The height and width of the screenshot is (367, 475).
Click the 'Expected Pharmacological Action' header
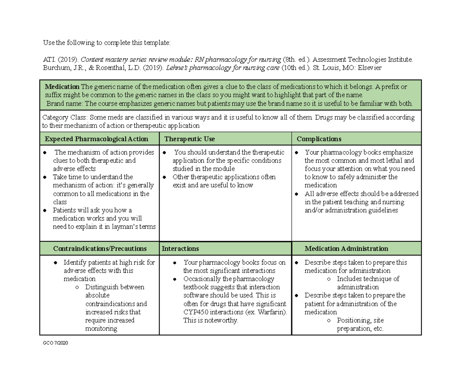pyautogui.click(x=97, y=139)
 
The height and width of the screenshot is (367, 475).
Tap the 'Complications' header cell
pyautogui.click(x=319, y=139)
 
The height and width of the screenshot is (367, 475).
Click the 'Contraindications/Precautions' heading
pyautogui.click(x=100, y=249)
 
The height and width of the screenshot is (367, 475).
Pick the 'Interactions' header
pyautogui.click(x=180, y=249)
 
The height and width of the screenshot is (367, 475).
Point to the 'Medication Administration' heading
pyautogui.click(x=346, y=249)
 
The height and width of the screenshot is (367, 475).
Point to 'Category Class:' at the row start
pyautogui.click(x=65, y=118)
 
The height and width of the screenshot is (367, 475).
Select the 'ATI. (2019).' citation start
pyautogui.click(x=61, y=59)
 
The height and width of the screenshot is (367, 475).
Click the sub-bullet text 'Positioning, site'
pyautogui.click(x=360, y=320)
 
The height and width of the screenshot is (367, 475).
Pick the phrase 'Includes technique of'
pyautogui.click(x=368, y=279)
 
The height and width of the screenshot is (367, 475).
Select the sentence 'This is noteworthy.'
pyautogui.click(x=211, y=320)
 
